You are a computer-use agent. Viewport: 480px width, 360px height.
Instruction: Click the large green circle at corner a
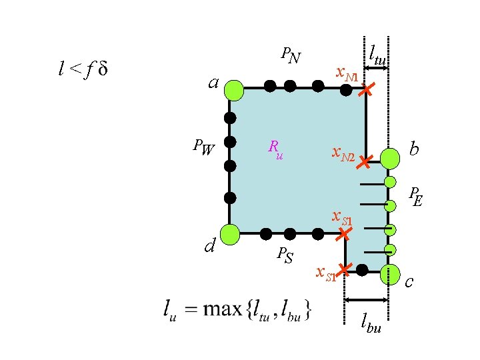click(x=234, y=89)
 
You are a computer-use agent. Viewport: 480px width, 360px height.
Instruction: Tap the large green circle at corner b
click(x=389, y=158)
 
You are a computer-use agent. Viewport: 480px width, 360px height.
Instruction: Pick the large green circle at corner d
click(x=230, y=234)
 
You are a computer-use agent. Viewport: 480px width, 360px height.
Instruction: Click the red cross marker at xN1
click(x=365, y=89)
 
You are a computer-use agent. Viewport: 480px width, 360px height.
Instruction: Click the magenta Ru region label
click(x=275, y=149)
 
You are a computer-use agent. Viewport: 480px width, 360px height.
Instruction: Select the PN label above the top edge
click(x=290, y=55)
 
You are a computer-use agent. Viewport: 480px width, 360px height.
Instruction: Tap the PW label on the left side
click(x=203, y=147)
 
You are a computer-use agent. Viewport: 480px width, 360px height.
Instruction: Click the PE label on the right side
click(x=416, y=197)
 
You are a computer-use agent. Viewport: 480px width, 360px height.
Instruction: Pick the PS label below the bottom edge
click(x=285, y=254)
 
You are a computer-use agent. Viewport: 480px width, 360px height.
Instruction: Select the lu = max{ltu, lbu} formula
click(x=236, y=309)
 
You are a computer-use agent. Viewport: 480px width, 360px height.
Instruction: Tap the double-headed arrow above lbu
click(x=367, y=299)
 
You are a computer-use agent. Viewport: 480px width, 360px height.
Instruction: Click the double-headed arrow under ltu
click(x=377, y=67)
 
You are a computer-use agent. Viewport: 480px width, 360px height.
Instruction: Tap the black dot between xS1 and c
click(x=362, y=270)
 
